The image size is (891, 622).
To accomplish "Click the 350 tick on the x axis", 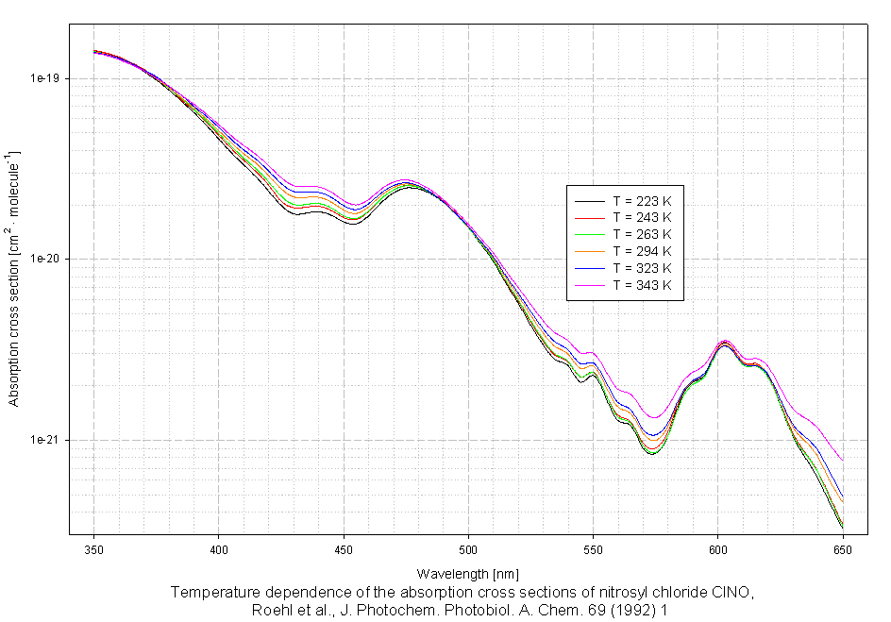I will click(94, 546).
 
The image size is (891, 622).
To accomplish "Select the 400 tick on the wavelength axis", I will click(219, 546).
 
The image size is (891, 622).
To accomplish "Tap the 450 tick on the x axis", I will click(344, 546).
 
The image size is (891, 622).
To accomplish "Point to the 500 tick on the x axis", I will click(468, 546).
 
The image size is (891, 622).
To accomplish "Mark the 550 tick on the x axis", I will click(593, 546).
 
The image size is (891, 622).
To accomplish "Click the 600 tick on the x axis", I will click(718, 546).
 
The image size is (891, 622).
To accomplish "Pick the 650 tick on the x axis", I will click(843, 546).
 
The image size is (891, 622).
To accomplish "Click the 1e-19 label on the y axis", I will click(48, 78).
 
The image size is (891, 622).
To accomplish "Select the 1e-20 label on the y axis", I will click(48, 260).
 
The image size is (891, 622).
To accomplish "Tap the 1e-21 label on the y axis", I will click(48, 441).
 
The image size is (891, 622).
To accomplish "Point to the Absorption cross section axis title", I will click(13, 278).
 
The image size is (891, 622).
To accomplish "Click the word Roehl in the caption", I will click(273, 610).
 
